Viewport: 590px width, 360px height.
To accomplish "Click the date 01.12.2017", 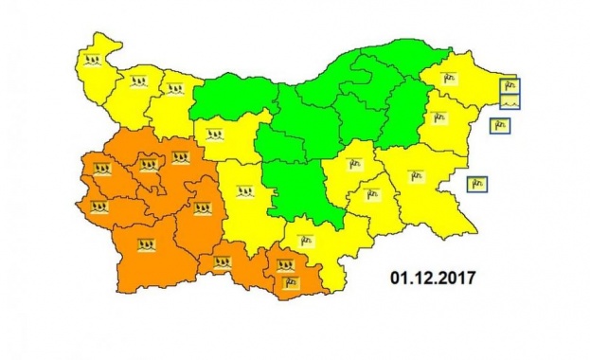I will [x=432, y=279].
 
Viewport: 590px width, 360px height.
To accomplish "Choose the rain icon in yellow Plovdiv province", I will [x=245, y=192].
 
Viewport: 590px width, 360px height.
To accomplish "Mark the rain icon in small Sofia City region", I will [x=149, y=166].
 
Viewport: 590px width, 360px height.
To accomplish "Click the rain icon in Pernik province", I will [x=101, y=171].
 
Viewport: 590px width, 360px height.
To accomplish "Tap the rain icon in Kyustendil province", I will [x=98, y=205].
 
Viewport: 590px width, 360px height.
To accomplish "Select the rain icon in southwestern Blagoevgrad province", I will [x=146, y=245].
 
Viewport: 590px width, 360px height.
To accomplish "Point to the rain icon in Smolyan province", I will [x=223, y=261].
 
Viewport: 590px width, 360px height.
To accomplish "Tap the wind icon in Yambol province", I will [x=368, y=195].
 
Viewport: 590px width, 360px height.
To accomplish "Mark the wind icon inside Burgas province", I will [x=414, y=176].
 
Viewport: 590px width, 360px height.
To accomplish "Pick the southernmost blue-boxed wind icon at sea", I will [x=478, y=183].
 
